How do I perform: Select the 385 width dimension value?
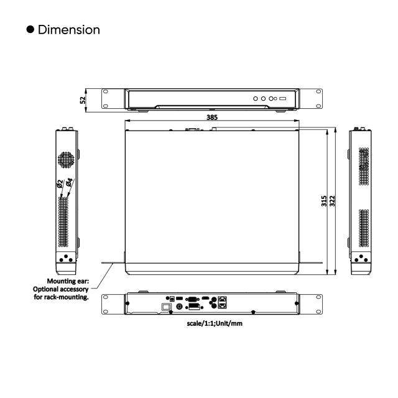tap(212, 118)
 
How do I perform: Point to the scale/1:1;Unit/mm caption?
tap(215, 323)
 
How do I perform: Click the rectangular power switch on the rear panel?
tap(166, 307)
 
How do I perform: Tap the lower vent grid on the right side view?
tap(363, 229)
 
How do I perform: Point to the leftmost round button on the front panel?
tap(255, 98)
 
